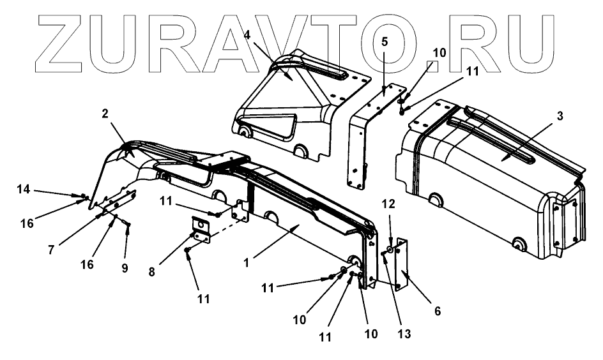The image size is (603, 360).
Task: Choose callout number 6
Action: pos(438,311)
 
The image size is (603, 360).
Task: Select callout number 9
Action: pos(125,269)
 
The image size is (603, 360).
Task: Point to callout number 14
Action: pos(24,189)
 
